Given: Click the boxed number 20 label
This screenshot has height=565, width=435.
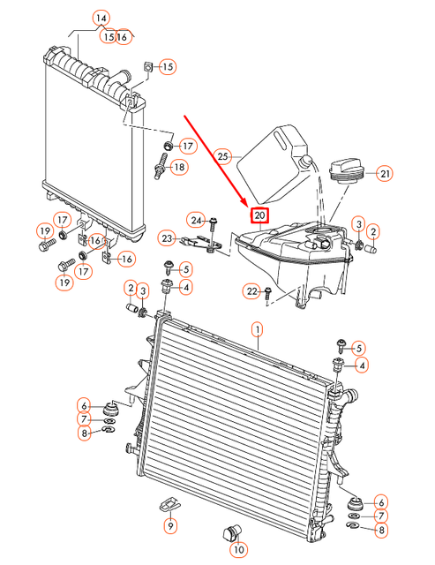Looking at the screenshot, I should [259, 215].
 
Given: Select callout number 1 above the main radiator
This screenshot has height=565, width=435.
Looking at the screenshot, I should [258, 330].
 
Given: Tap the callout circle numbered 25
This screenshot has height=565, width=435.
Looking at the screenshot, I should [223, 156].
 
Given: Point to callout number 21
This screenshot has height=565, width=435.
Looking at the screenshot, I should [385, 173].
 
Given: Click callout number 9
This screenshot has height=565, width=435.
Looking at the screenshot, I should [170, 525].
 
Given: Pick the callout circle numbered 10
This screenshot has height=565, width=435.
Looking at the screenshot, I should [238, 549].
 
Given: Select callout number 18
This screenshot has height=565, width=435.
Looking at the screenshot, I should [179, 168].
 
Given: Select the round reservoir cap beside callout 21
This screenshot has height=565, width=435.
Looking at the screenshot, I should [344, 168].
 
